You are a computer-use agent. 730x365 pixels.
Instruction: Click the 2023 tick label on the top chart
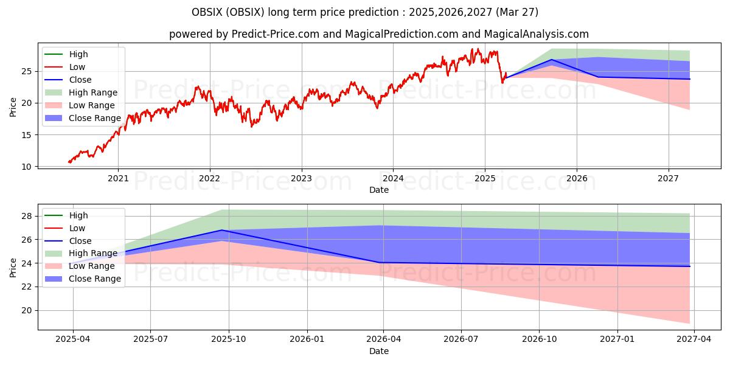(x=301, y=179)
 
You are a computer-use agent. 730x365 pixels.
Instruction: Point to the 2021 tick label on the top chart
(x=118, y=179)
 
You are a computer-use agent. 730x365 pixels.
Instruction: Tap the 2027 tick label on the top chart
(x=668, y=179)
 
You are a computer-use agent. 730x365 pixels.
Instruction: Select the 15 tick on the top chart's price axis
(x=26, y=135)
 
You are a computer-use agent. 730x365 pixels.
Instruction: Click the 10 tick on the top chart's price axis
(x=26, y=167)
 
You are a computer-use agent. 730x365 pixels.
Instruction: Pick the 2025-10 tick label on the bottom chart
(x=229, y=339)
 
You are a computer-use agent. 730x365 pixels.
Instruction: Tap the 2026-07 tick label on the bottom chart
(x=461, y=339)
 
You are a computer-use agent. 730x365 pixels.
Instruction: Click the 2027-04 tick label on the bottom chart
(x=694, y=339)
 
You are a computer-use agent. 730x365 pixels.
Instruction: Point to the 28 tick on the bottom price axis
(x=26, y=216)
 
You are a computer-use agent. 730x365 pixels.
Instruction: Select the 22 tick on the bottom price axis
(x=26, y=287)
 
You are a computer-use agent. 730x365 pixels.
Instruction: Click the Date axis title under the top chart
(x=378, y=190)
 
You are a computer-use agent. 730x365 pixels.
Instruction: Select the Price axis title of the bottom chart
(x=13, y=268)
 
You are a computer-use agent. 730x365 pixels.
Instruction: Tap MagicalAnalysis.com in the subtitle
(x=536, y=34)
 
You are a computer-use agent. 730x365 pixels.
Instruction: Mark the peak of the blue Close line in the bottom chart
(x=222, y=230)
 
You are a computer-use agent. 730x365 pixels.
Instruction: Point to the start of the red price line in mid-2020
(x=69, y=162)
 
